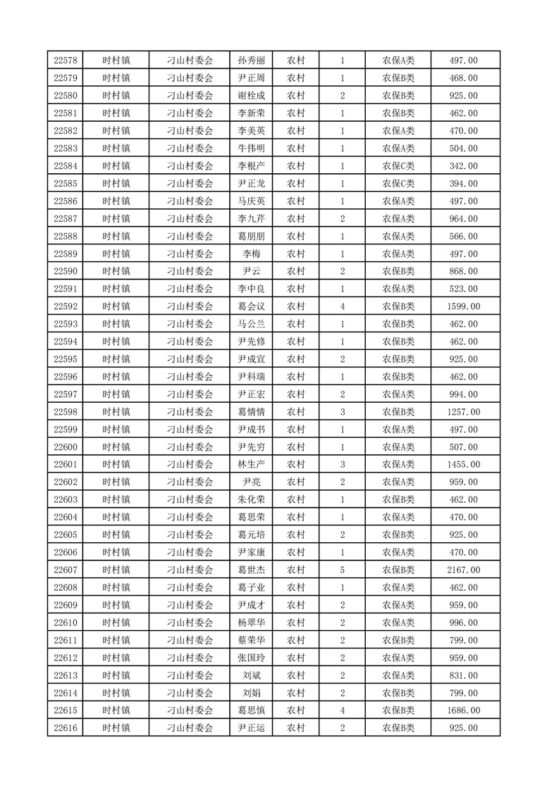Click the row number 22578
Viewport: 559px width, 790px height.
click(66, 61)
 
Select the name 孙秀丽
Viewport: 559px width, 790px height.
click(252, 61)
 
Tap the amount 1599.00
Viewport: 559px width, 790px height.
click(464, 306)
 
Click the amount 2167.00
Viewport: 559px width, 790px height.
click(464, 570)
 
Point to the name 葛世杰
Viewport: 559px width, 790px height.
click(252, 570)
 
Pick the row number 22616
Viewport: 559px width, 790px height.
click(66, 728)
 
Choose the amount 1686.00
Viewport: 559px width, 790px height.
click(464, 710)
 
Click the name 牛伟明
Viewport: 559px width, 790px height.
click(252, 149)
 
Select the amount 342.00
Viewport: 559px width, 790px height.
click(464, 166)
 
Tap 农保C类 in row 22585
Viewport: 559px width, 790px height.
click(398, 184)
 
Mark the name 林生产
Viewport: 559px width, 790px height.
click(252, 465)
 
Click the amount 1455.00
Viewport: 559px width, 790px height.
click(464, 465)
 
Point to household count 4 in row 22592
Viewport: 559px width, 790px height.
click(343, 306)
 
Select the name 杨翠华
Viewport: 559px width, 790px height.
click(252, 622)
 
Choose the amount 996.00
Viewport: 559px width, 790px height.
click(464, 622)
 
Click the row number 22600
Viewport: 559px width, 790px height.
click(66, 447)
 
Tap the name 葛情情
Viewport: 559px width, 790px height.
click(252, 412)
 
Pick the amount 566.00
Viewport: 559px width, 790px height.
click(464, 237)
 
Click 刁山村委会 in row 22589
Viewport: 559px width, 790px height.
click(190, 254)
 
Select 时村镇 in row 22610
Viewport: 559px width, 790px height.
click(116, 622)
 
